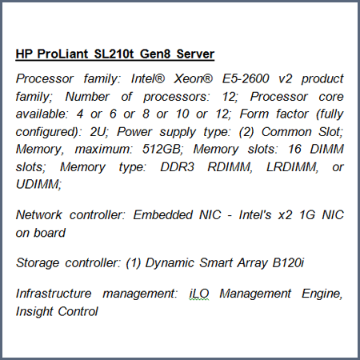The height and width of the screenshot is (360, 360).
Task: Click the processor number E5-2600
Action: coord(246,78)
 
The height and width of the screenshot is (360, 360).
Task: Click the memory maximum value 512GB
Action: coord(162,149)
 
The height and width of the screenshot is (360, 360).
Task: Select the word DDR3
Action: coord(177,167)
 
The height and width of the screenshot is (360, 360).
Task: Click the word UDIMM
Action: coord(38,185)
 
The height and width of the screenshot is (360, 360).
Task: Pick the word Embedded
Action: coord(163,215)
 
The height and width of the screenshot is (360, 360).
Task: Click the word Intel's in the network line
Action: coord(255,215)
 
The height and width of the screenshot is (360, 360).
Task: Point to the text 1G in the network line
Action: coord(307,215)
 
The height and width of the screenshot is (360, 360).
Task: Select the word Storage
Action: coord(38,263)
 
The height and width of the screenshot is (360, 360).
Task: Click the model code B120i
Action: coord(288,263)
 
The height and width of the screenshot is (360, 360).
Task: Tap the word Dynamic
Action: coord(170,263)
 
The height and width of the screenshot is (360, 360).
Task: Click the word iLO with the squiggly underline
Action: coord(199,294)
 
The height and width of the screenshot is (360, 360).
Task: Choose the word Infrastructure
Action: coord(54,294)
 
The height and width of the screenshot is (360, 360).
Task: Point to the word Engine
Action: coord(322,294)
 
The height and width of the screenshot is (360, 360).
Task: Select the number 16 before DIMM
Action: coord(294,149)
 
